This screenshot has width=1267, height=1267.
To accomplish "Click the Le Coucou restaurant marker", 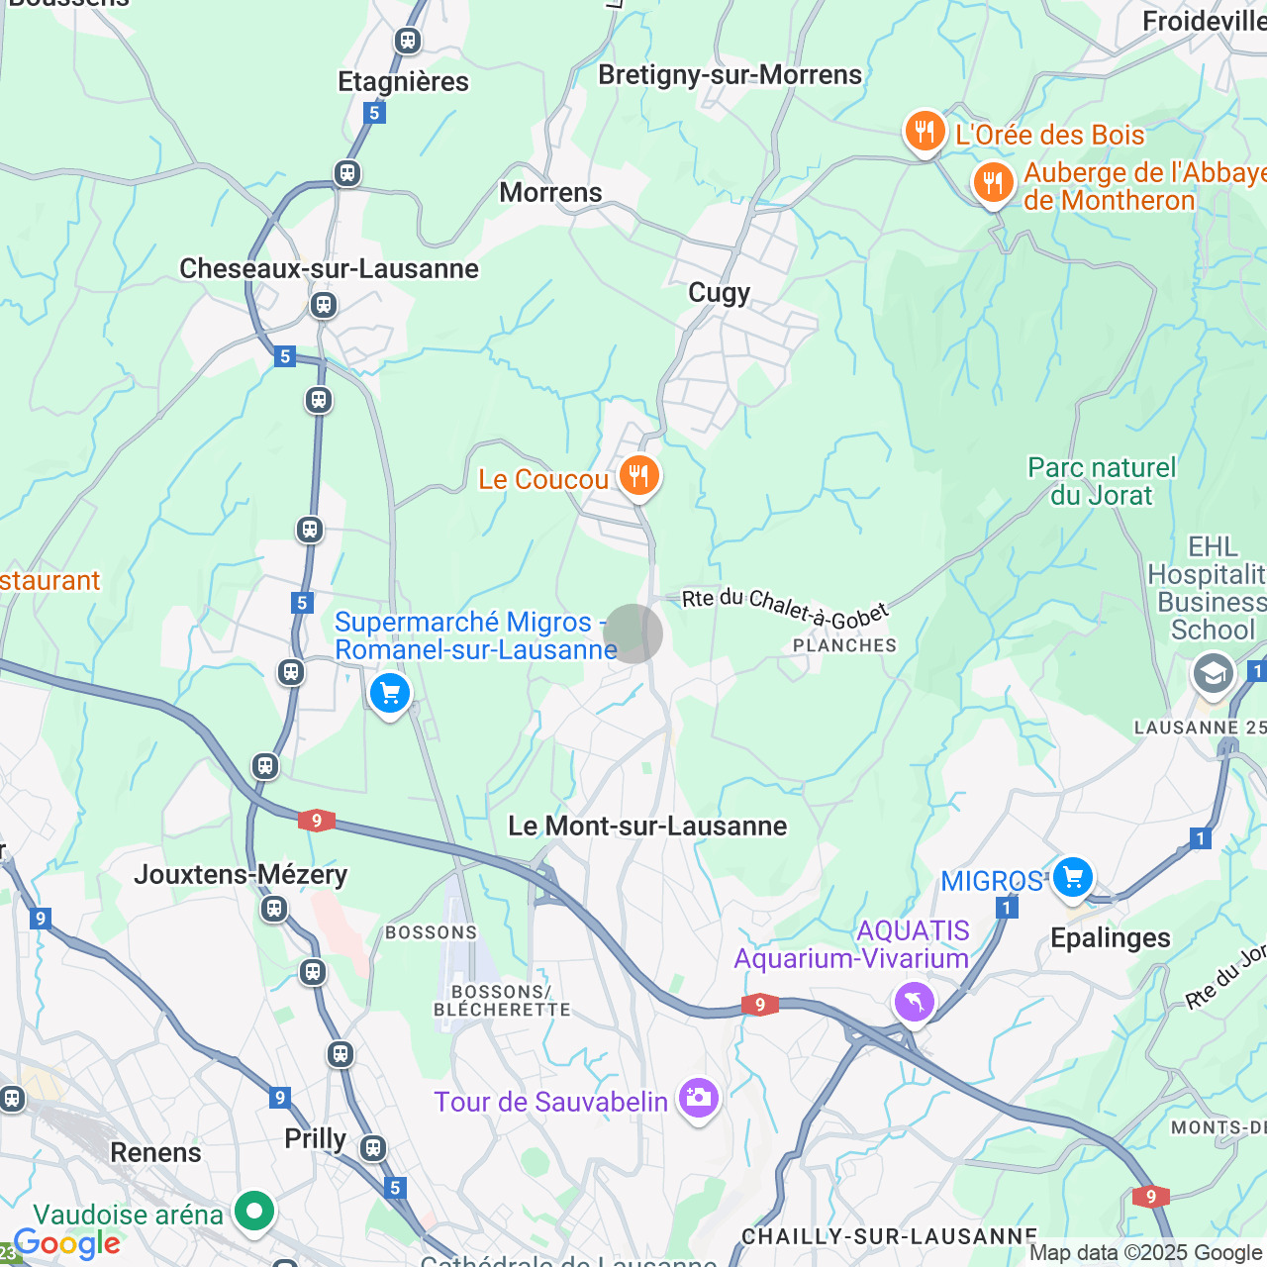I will [x=638, y=476].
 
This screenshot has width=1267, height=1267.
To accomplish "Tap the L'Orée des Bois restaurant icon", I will [x=924, y=130].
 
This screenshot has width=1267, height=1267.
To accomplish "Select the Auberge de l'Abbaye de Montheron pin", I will [x=992, y=183].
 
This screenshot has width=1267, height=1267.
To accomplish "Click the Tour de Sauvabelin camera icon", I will [x=698, y=1098].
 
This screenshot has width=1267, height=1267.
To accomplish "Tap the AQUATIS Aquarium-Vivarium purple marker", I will [x=914, y=1002].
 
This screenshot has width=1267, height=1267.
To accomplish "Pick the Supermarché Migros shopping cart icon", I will [x=389, y=693].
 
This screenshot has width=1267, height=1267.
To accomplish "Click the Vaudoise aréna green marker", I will [x=254, y=1211].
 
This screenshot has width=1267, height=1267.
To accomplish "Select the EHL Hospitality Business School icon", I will [x=1213, y=675].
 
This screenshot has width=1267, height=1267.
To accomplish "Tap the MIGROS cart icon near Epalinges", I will [x=1072, y=877].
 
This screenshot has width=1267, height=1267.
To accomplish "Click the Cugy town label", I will [x=719, y=293].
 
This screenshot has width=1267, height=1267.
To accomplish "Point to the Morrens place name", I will [x=550, y=192].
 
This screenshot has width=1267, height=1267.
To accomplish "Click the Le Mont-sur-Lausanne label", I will [x=647, y=826].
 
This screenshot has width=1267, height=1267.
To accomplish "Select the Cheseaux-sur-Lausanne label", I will [x=329, y=268].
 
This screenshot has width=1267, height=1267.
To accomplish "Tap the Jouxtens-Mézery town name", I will [x=241, y=874].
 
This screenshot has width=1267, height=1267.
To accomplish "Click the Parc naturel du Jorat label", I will [x=1102, y=481].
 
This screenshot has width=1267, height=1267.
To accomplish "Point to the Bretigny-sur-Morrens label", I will [x=730, y=75].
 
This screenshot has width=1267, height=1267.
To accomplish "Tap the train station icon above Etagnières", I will [x=407, y=41].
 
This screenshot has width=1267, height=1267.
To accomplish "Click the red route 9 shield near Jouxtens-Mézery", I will [x=316, y=821].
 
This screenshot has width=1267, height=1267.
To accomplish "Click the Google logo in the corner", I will [x=66, y=1243].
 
